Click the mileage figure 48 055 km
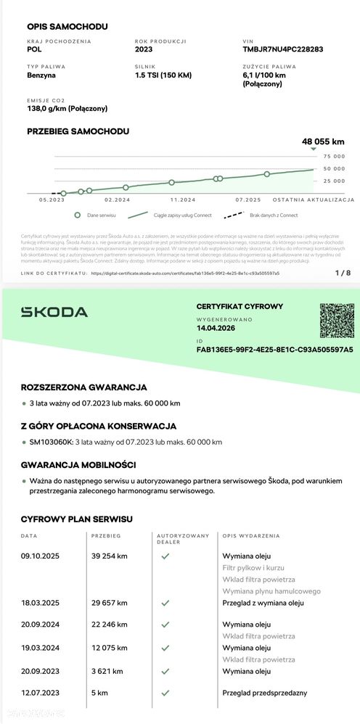pyautogui.click(x=322, y=142)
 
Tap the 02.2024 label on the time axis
pyautogui.click(x=117, y=199)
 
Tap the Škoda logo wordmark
pyautogui.click(x=54, y=312)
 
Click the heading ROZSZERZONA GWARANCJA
pyautogui.click(x=84, y=387)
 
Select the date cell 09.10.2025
pyautogui.click(x=42, y=556)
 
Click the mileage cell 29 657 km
pyautogui.click(x=110, y=602)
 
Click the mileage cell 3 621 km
pyautogui.click(x=107, y=671)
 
